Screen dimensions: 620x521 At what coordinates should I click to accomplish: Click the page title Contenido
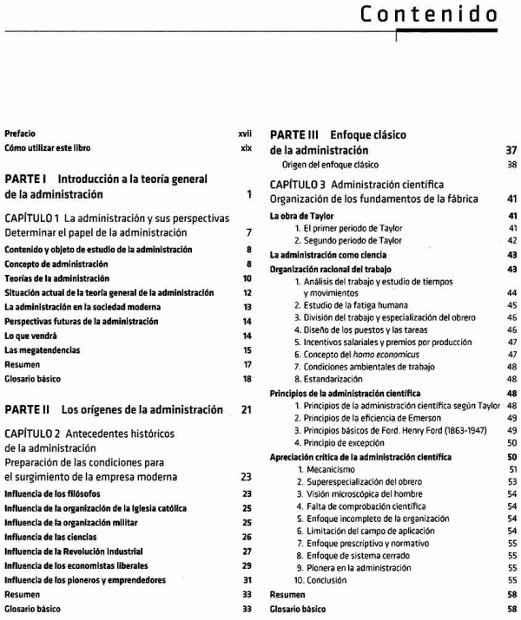click(428, 15)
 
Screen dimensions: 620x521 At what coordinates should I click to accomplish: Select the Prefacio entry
click(20, 134)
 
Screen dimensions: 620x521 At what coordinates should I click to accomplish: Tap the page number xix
click(246, 148)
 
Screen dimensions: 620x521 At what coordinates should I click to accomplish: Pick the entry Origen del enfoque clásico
click(330, 164)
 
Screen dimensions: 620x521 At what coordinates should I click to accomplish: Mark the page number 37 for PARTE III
click(511, 150)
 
